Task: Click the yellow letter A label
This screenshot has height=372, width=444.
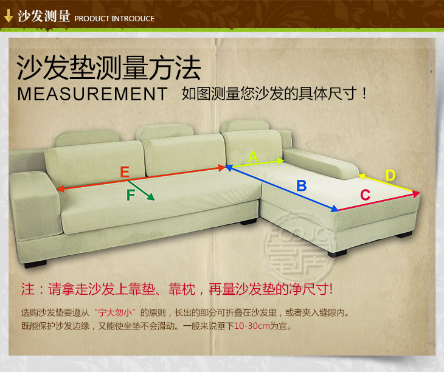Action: pos(253,156)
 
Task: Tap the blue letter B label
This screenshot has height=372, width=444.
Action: pos(302,186)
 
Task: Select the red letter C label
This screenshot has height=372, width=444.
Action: pos(366,195)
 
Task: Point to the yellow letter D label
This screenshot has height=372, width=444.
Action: pos(390,176)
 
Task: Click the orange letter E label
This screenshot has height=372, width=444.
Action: pos(125,172)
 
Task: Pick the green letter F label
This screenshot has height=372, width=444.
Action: pos(131,195)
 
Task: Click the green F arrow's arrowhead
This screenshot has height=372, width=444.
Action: pos(151,197)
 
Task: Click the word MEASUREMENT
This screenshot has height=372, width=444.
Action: pos(92,94)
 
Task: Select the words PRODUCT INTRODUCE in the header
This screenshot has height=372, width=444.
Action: pos(114,19)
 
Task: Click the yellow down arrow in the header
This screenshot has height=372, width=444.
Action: pos(9,16)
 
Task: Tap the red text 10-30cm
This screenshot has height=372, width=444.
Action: pos(252,326)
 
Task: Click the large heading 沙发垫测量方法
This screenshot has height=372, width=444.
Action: pos(109,68)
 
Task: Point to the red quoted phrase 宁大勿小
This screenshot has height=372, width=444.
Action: pos(115,312)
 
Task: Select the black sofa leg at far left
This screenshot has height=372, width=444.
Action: pos(36,264)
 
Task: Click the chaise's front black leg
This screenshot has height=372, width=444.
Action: pos(337,253)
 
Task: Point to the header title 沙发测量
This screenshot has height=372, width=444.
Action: pos(44,16)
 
